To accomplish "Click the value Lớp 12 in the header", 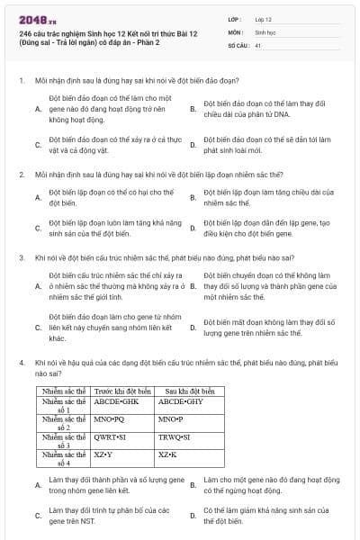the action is coord(263,18).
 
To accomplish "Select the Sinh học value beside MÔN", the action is coord(265,31).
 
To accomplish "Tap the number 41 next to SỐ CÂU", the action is coord(258,44).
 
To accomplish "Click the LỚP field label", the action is coord(237,18).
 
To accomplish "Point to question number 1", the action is coord(21,80).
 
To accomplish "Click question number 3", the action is coord(21,257).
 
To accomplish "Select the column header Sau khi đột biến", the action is coord(184,392).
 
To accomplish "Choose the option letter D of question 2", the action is coord(193,228).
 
